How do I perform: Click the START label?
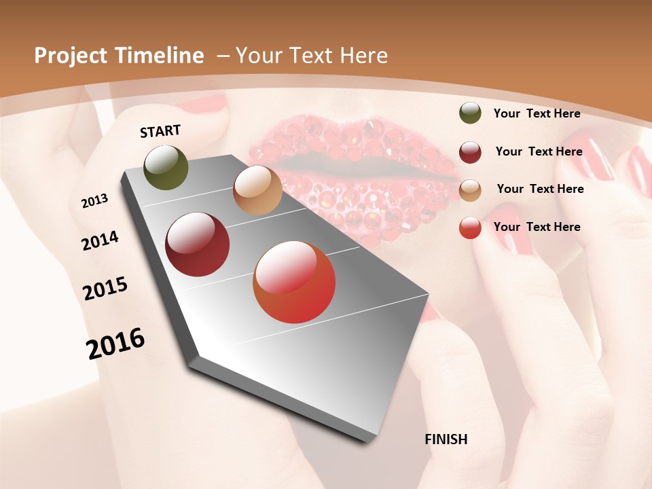coord(160,131)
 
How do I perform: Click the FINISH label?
coord(446,439)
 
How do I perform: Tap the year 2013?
coord(94,201)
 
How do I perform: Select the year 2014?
coord(100,240)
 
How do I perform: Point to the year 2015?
coord(105,289)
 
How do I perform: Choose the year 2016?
coord(115,343)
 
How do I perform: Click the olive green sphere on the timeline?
coord(166,167)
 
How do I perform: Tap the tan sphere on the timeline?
coord(257,190)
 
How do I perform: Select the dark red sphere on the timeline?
coord(198,244)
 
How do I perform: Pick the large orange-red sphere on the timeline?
coord(294,282)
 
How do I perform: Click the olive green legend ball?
coord(470,113)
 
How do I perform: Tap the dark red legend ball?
coord(470,151)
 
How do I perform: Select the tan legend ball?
coord(470,189)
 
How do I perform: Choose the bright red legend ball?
coord(470,228)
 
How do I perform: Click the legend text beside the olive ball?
coord(537,113)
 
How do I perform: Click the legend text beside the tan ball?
coord(540,189)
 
